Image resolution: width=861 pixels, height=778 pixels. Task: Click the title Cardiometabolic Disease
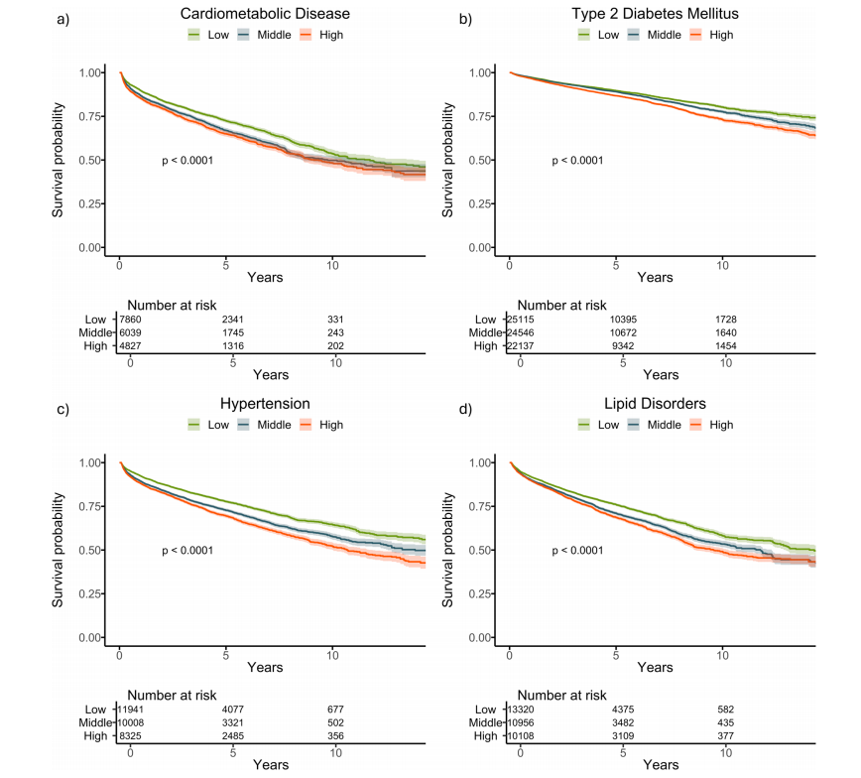(x=265, y=15)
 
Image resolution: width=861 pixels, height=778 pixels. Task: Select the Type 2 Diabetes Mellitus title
(x=655, y=15)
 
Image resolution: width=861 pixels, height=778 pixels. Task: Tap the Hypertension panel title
(x=265, y=404)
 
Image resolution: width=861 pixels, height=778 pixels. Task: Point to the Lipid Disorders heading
(x=655, y=404)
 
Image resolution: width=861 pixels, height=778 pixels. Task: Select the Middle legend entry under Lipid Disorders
(x=664, y=425)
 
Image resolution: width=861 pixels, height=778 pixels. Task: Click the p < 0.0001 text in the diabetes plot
(x=577, y=161)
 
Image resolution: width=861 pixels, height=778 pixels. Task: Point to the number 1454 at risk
(x=726, y=345)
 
